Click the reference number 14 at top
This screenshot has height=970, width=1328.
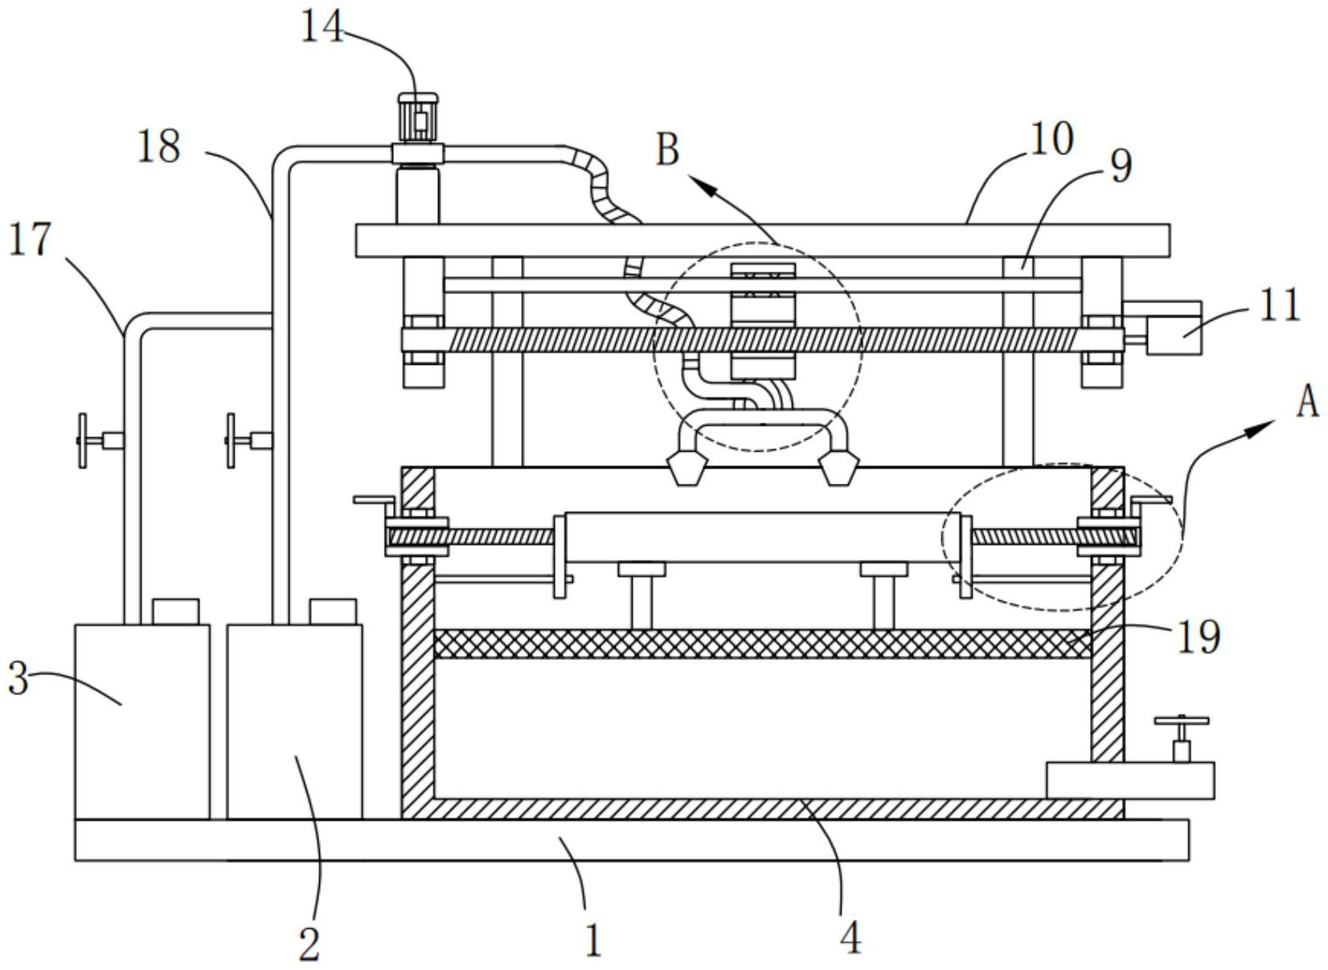tap(322, 27)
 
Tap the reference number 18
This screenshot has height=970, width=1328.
tap(158, 147)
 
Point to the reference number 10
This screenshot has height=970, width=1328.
tap(1052, 139)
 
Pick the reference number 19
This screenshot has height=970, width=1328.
tap(1199, 637)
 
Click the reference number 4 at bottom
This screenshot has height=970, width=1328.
tap(851, 939)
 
